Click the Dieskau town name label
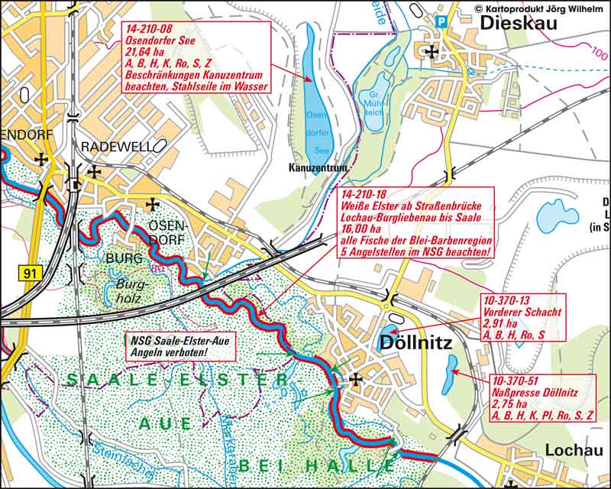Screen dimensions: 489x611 coord(519,24)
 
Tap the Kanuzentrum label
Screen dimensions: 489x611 coord(318,167)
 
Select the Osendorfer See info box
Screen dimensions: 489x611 coord(196,57)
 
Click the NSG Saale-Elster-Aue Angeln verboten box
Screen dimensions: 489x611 coord(178,347)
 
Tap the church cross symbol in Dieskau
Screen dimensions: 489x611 coord(433,52)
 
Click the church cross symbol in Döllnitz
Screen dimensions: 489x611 coord(356,379)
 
